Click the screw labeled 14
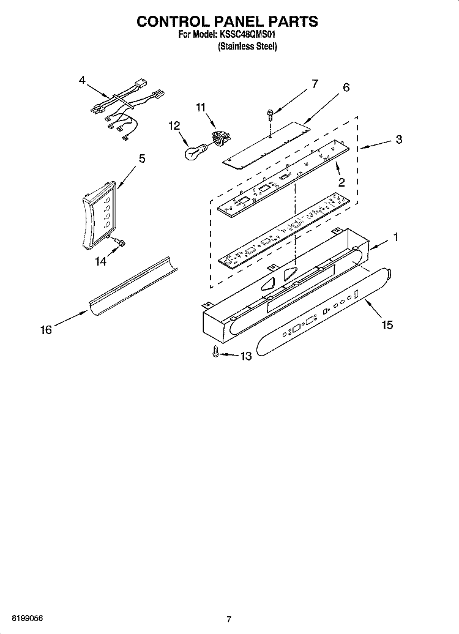pyautogui.click(x=119, y=242)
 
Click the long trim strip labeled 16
pyautogui.click(x=133, y=287)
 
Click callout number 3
pyautogui.click(x=399, y=140)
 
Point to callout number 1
pyautogui.click(x=396, y=237)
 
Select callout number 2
pyautogui.click(x=341, y=182)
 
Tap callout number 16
pyautogui.click(x=46, y=330)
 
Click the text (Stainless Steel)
pyautogui.click(x=248, y=47)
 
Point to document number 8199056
pyautogui.click(x=28, y=618)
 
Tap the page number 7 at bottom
pyautogui.click(x=229, y=619)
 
